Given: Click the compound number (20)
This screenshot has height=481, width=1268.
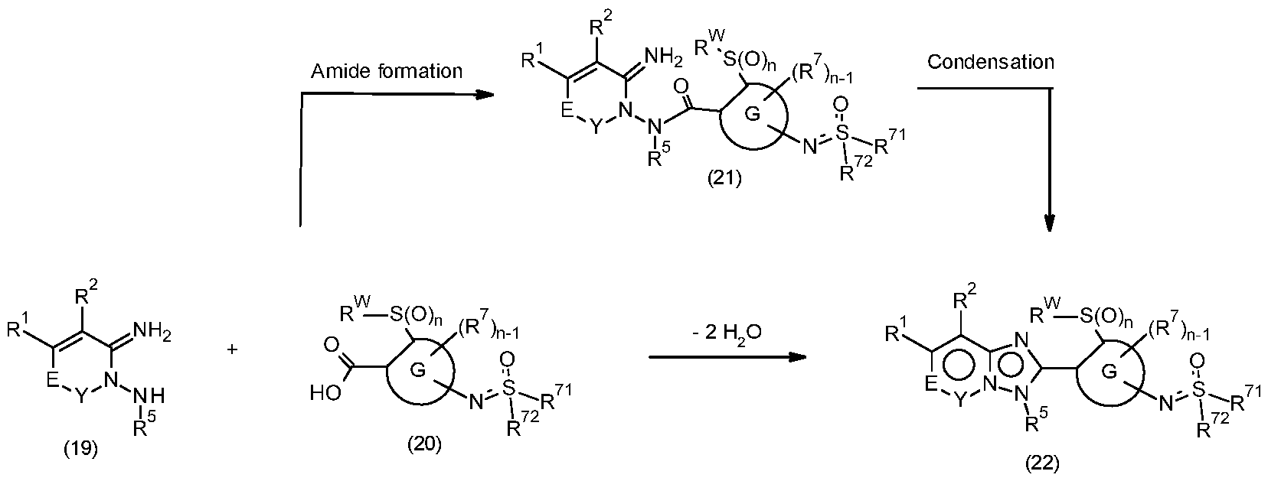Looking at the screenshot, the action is [x=424, y=444].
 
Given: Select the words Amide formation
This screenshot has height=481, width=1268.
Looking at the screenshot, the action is [x=387, y=70].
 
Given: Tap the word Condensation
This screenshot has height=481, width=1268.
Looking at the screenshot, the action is [x=991, y=61].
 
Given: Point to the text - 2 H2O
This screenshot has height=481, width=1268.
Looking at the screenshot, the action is [x=727, y=333].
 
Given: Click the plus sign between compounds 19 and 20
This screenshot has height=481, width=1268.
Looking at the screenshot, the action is [x=232, y=349].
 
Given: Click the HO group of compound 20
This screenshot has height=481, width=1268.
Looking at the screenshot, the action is [x=326, y=392].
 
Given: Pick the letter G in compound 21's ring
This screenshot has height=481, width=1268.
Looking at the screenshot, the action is [x=753, y=115].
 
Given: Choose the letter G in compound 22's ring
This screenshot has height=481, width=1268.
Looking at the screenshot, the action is [x=1109, y=372].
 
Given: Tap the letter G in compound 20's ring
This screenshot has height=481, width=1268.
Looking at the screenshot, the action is [x=418, y=370].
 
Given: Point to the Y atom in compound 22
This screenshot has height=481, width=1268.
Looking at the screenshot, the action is [x=959, y=401].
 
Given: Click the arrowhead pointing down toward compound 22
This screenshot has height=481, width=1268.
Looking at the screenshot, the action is [x=1050, y=223].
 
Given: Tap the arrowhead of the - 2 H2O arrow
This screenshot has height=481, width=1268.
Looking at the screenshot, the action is [x=797, y=357].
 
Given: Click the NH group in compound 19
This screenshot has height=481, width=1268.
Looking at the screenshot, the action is [x=150, y=396].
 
